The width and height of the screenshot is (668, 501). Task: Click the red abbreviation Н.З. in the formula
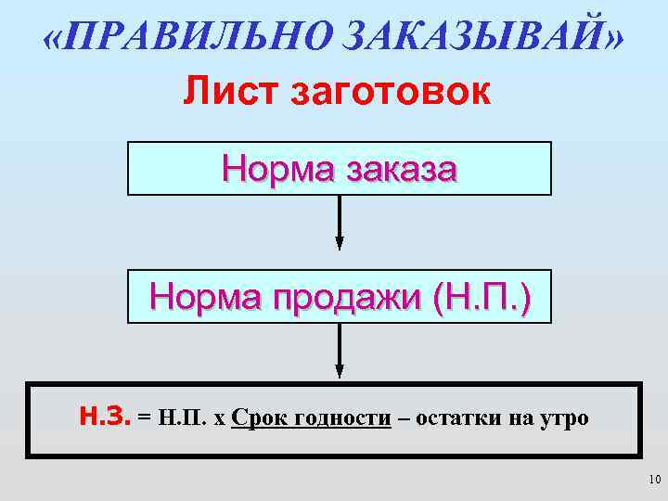pyautogui.click(x=105, y=417)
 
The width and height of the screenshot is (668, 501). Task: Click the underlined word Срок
pyautogui.click(x=258, y=417)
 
